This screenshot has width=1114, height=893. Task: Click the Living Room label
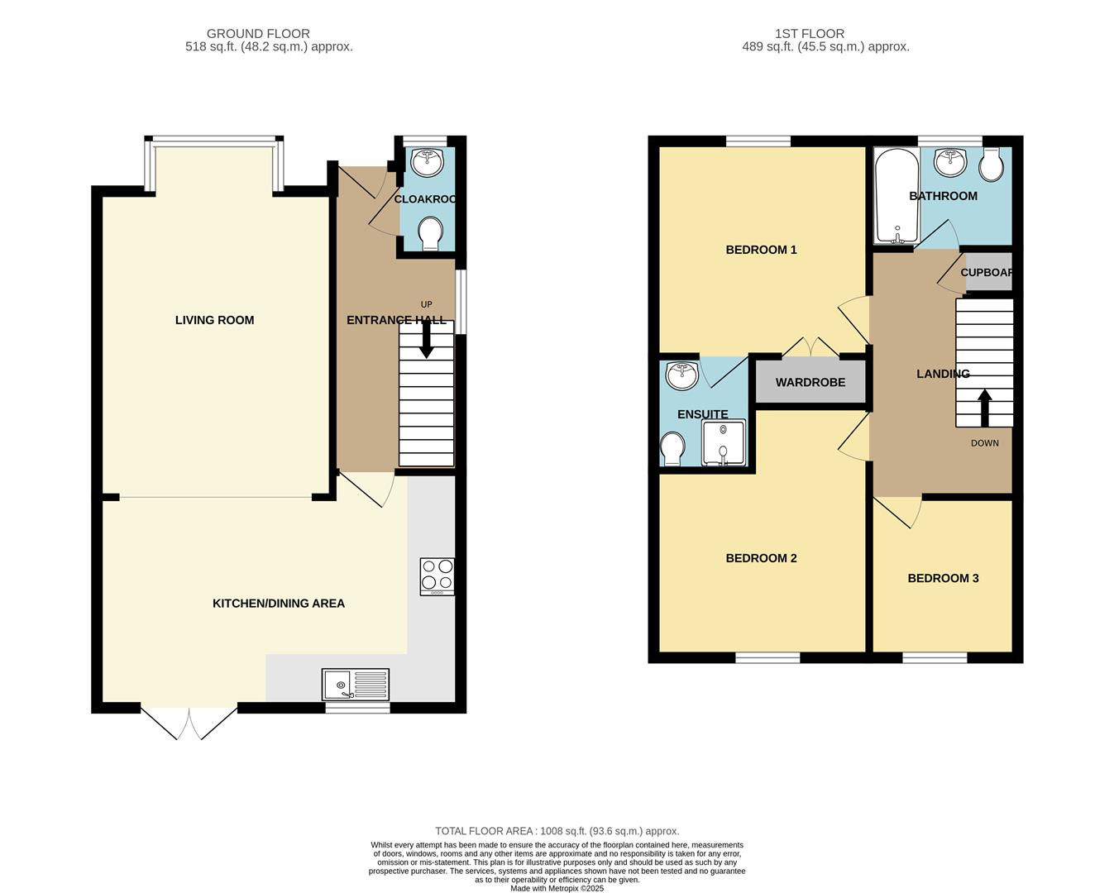coord(214,320)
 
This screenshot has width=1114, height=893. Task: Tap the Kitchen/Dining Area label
coord(279,604)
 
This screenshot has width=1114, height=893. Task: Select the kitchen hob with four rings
coord(437,576)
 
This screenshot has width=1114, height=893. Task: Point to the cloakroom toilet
coord(430,233)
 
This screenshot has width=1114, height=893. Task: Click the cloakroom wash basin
coord(428,162)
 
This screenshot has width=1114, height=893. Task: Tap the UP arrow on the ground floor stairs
coord(427,340)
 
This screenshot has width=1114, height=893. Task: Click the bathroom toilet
coord(991,165)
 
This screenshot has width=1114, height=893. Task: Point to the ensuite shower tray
coord(724,443)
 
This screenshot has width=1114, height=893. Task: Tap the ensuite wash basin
coord(682,375)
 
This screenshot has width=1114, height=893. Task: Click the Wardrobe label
coord(810,383)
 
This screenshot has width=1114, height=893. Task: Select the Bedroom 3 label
coord(943,578)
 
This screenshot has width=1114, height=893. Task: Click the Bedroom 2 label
coord(761,558)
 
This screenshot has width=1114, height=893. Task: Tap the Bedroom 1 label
coord(761,250)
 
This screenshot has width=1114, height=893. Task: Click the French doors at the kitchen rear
coord(189,723)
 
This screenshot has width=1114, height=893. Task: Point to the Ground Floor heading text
coord(258,34)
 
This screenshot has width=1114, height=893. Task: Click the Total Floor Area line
coord(557,831)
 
